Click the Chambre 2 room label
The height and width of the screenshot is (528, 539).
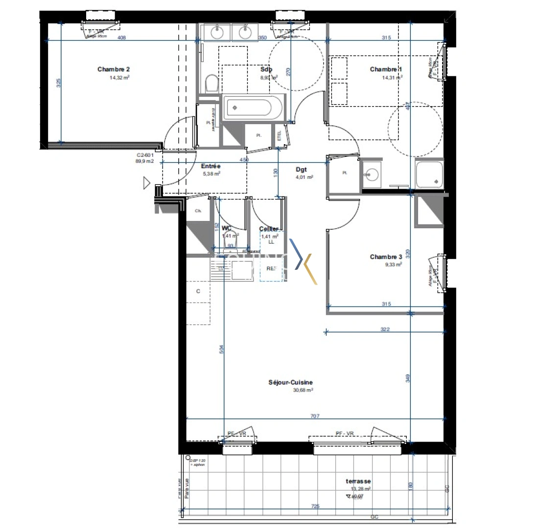[113, 69]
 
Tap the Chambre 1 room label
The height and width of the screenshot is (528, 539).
[386, 69]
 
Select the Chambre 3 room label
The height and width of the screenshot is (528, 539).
[386, 257]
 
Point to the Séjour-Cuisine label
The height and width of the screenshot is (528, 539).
[290, 383]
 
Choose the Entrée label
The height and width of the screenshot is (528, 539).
[211, 166]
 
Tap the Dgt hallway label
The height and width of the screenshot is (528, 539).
[301, 170]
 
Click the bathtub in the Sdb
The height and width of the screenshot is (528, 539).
[253, 108]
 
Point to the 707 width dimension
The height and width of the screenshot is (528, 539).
[315, 416]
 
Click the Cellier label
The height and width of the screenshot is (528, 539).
[269, 229]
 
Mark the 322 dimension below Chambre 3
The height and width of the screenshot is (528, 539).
[384, 330]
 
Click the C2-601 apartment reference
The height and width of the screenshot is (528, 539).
[145, 155]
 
